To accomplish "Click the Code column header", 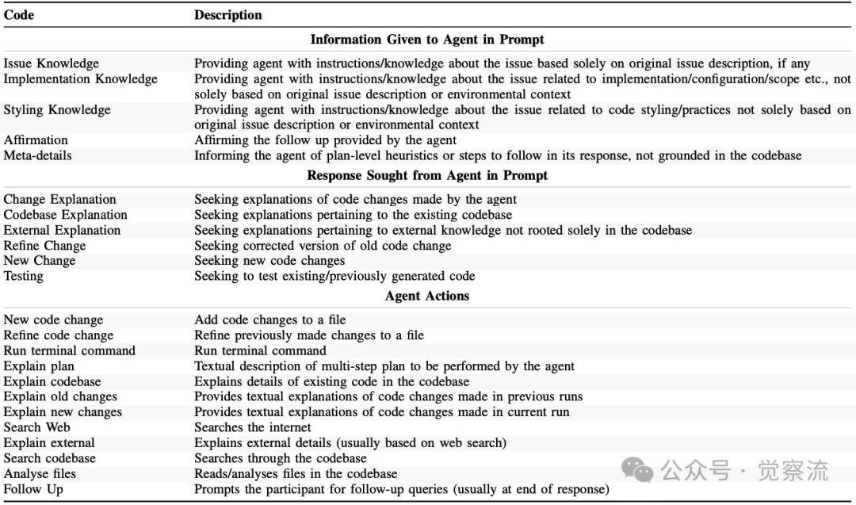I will (x=19, y=15).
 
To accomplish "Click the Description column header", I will (x=228, y=15).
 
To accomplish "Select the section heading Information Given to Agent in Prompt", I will (x=427, y=40).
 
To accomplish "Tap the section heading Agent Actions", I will (x=427, y=296).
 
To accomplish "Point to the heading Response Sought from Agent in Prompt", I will (x=427, y=175).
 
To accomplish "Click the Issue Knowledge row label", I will (x=52, y=63).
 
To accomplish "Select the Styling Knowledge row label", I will (x=57, y=110).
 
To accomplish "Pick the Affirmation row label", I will (x=36, y=140).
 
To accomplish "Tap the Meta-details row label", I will (x=37, y=155).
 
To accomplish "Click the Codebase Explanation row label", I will (x=65, y=215).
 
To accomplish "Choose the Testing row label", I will (x=24, y=276).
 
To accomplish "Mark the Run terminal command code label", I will (x=70, y=350).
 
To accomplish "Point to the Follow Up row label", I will (x=33, y=489).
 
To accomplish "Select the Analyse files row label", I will (x=40, y=473).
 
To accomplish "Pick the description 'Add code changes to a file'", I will (x=270, y=319).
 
